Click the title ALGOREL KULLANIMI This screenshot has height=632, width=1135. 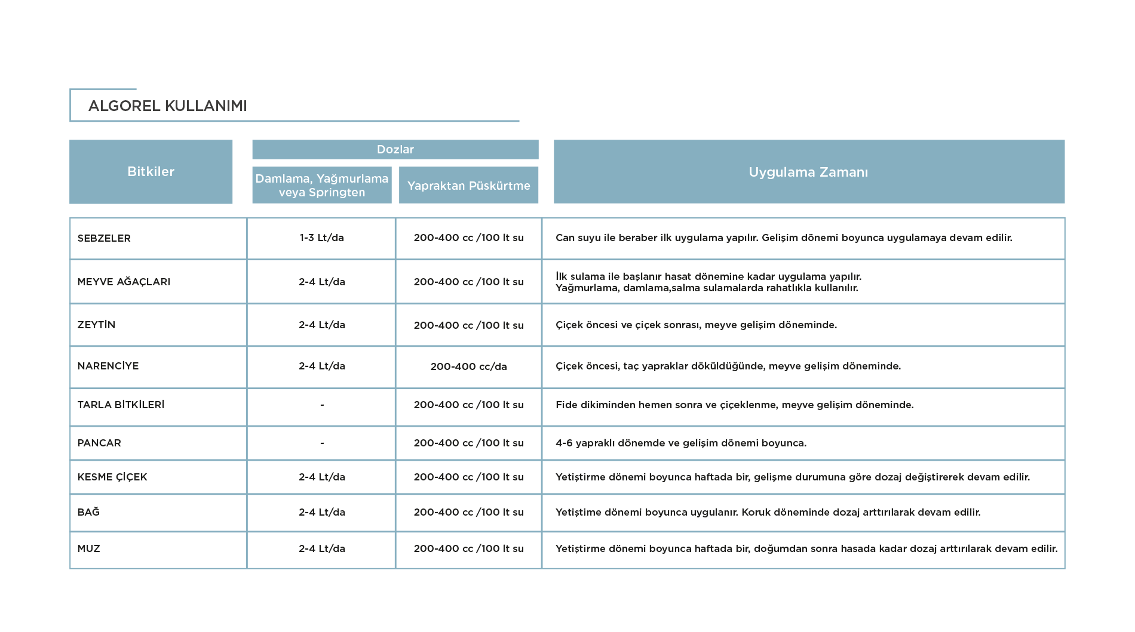[x=167, y=106]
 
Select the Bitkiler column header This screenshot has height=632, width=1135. [x=151, y=172]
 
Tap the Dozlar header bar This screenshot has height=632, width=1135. [x=395, y=150]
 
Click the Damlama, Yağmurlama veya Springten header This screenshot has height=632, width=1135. [x=322, y=186]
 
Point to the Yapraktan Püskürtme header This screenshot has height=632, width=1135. [x=468, y=186]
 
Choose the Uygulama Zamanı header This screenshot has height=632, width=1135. [x=809, y=172]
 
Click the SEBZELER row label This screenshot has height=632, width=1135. [x=104, y=238]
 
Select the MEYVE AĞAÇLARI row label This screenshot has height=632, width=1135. [x=124, y=282]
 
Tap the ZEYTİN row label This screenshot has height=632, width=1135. [x=96, y=325]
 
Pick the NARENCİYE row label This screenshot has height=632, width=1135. [x=108, y=366]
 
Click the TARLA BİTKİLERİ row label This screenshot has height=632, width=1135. [x=121, y=405]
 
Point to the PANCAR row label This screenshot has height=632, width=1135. [x=99, y=443]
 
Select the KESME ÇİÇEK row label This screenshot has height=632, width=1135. [x=112, y=477]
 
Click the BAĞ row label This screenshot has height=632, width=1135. [x=88, y=511]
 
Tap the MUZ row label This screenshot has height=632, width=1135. [x=88, y=548]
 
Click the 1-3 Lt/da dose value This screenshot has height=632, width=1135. [x=322, y=238]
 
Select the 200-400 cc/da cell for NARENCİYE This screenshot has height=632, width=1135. [x=468, y=366]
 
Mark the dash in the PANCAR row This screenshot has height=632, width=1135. [x=322, y=443]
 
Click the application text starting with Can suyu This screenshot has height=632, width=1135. [x=784, y=238]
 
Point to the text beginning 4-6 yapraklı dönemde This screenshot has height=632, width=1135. [x=681, y=443]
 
